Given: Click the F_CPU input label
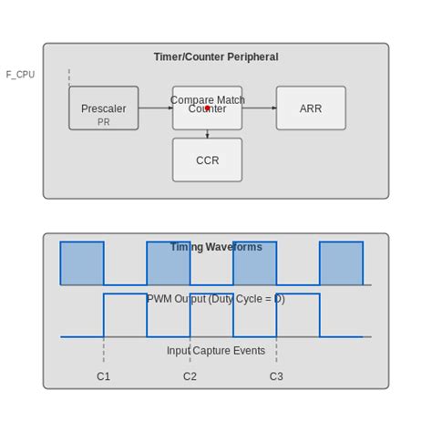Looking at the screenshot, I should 20,75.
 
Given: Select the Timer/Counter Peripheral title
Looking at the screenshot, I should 216,57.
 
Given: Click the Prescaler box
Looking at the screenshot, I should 104,108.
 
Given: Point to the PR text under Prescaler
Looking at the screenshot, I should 104,122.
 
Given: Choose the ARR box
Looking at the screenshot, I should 311,108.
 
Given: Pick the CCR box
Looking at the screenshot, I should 207,160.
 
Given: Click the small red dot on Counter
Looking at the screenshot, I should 208,108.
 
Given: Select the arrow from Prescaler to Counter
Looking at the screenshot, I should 155,108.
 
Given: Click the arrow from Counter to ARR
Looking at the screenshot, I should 259,108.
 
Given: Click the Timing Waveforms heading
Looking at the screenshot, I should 216,247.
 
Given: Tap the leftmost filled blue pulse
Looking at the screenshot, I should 82,263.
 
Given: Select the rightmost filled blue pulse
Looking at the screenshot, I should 341,263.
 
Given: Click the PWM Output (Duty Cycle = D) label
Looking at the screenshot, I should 216,299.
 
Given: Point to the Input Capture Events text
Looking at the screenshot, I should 216,351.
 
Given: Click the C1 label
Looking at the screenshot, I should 104,376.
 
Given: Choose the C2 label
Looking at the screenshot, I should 190,376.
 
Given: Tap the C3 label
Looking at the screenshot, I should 276,376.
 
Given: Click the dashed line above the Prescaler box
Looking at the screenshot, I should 69,77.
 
